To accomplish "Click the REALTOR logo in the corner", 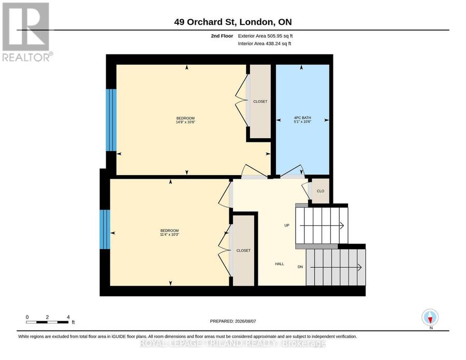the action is [27, 32].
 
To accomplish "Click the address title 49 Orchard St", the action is [206, 22].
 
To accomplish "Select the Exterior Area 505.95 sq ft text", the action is [266, 36].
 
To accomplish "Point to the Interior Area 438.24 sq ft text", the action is [265, 44].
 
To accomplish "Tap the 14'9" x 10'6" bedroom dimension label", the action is [185, 122].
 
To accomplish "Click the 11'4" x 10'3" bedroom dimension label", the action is [169, 234].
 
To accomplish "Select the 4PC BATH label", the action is [302, 118].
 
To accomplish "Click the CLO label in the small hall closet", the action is [321, 191].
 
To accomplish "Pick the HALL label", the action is [280, 264].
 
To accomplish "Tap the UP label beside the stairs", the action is [287, 225].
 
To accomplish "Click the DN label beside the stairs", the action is [300, 267].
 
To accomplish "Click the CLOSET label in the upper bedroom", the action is [260, 102].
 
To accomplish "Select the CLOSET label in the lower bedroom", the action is [243, 251].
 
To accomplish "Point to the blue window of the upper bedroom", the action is [111, 120].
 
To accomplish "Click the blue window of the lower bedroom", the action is [105, 229].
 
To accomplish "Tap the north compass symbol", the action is [430, 317].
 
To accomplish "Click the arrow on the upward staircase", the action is [322, 226].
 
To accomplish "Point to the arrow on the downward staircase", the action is [336, 268].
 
